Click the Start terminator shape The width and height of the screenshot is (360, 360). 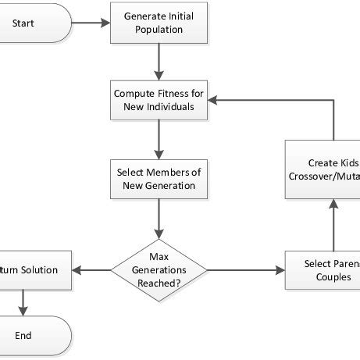point(35,23)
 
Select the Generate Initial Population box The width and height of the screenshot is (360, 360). point(159,23)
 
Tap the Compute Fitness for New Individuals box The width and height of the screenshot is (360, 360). point(159,99)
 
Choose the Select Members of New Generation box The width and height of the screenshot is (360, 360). point(159,179)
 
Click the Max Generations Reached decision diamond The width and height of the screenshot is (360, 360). point(159,269)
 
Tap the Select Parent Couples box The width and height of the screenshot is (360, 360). point(323,269)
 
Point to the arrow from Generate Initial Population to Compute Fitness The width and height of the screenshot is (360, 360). point(159,61)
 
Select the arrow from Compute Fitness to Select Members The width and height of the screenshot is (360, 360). point(159,139)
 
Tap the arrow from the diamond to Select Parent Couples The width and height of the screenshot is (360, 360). point(247,269)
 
